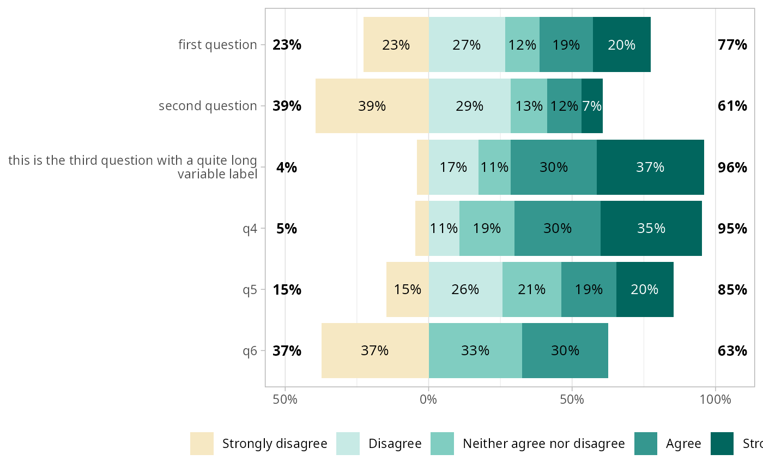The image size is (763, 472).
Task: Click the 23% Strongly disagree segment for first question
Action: pos(396,45)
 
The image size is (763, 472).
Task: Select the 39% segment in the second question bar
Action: pos(372,106)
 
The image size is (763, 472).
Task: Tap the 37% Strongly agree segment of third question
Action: pos(650,167)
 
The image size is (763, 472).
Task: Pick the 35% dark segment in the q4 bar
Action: pos(651,228)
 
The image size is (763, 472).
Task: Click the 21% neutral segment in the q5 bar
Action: pos(531,289)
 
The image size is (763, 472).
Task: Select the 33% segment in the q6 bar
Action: pos(475,350)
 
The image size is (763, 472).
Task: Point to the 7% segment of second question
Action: pos(592,106)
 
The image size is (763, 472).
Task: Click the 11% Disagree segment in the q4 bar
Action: pos(444,228)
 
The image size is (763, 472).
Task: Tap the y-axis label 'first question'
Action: pos(217,45)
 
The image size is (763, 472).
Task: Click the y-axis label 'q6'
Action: pos(250,350)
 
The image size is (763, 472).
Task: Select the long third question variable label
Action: pos(132,167)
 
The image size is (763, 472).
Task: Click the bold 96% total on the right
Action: pos(732,167)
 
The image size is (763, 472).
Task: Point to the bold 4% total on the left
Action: pos(287,167)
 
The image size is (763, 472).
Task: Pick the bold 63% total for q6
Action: pos(732,350)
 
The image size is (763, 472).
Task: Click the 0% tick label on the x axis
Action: pos(428,399)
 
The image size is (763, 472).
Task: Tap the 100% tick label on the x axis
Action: pos(715,399)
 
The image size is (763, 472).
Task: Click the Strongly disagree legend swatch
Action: pos(202,444)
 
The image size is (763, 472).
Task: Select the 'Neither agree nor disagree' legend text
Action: pos(543,444)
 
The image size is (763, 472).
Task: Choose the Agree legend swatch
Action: pos(646,444)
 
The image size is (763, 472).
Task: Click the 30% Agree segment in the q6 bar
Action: pos(565,350)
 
